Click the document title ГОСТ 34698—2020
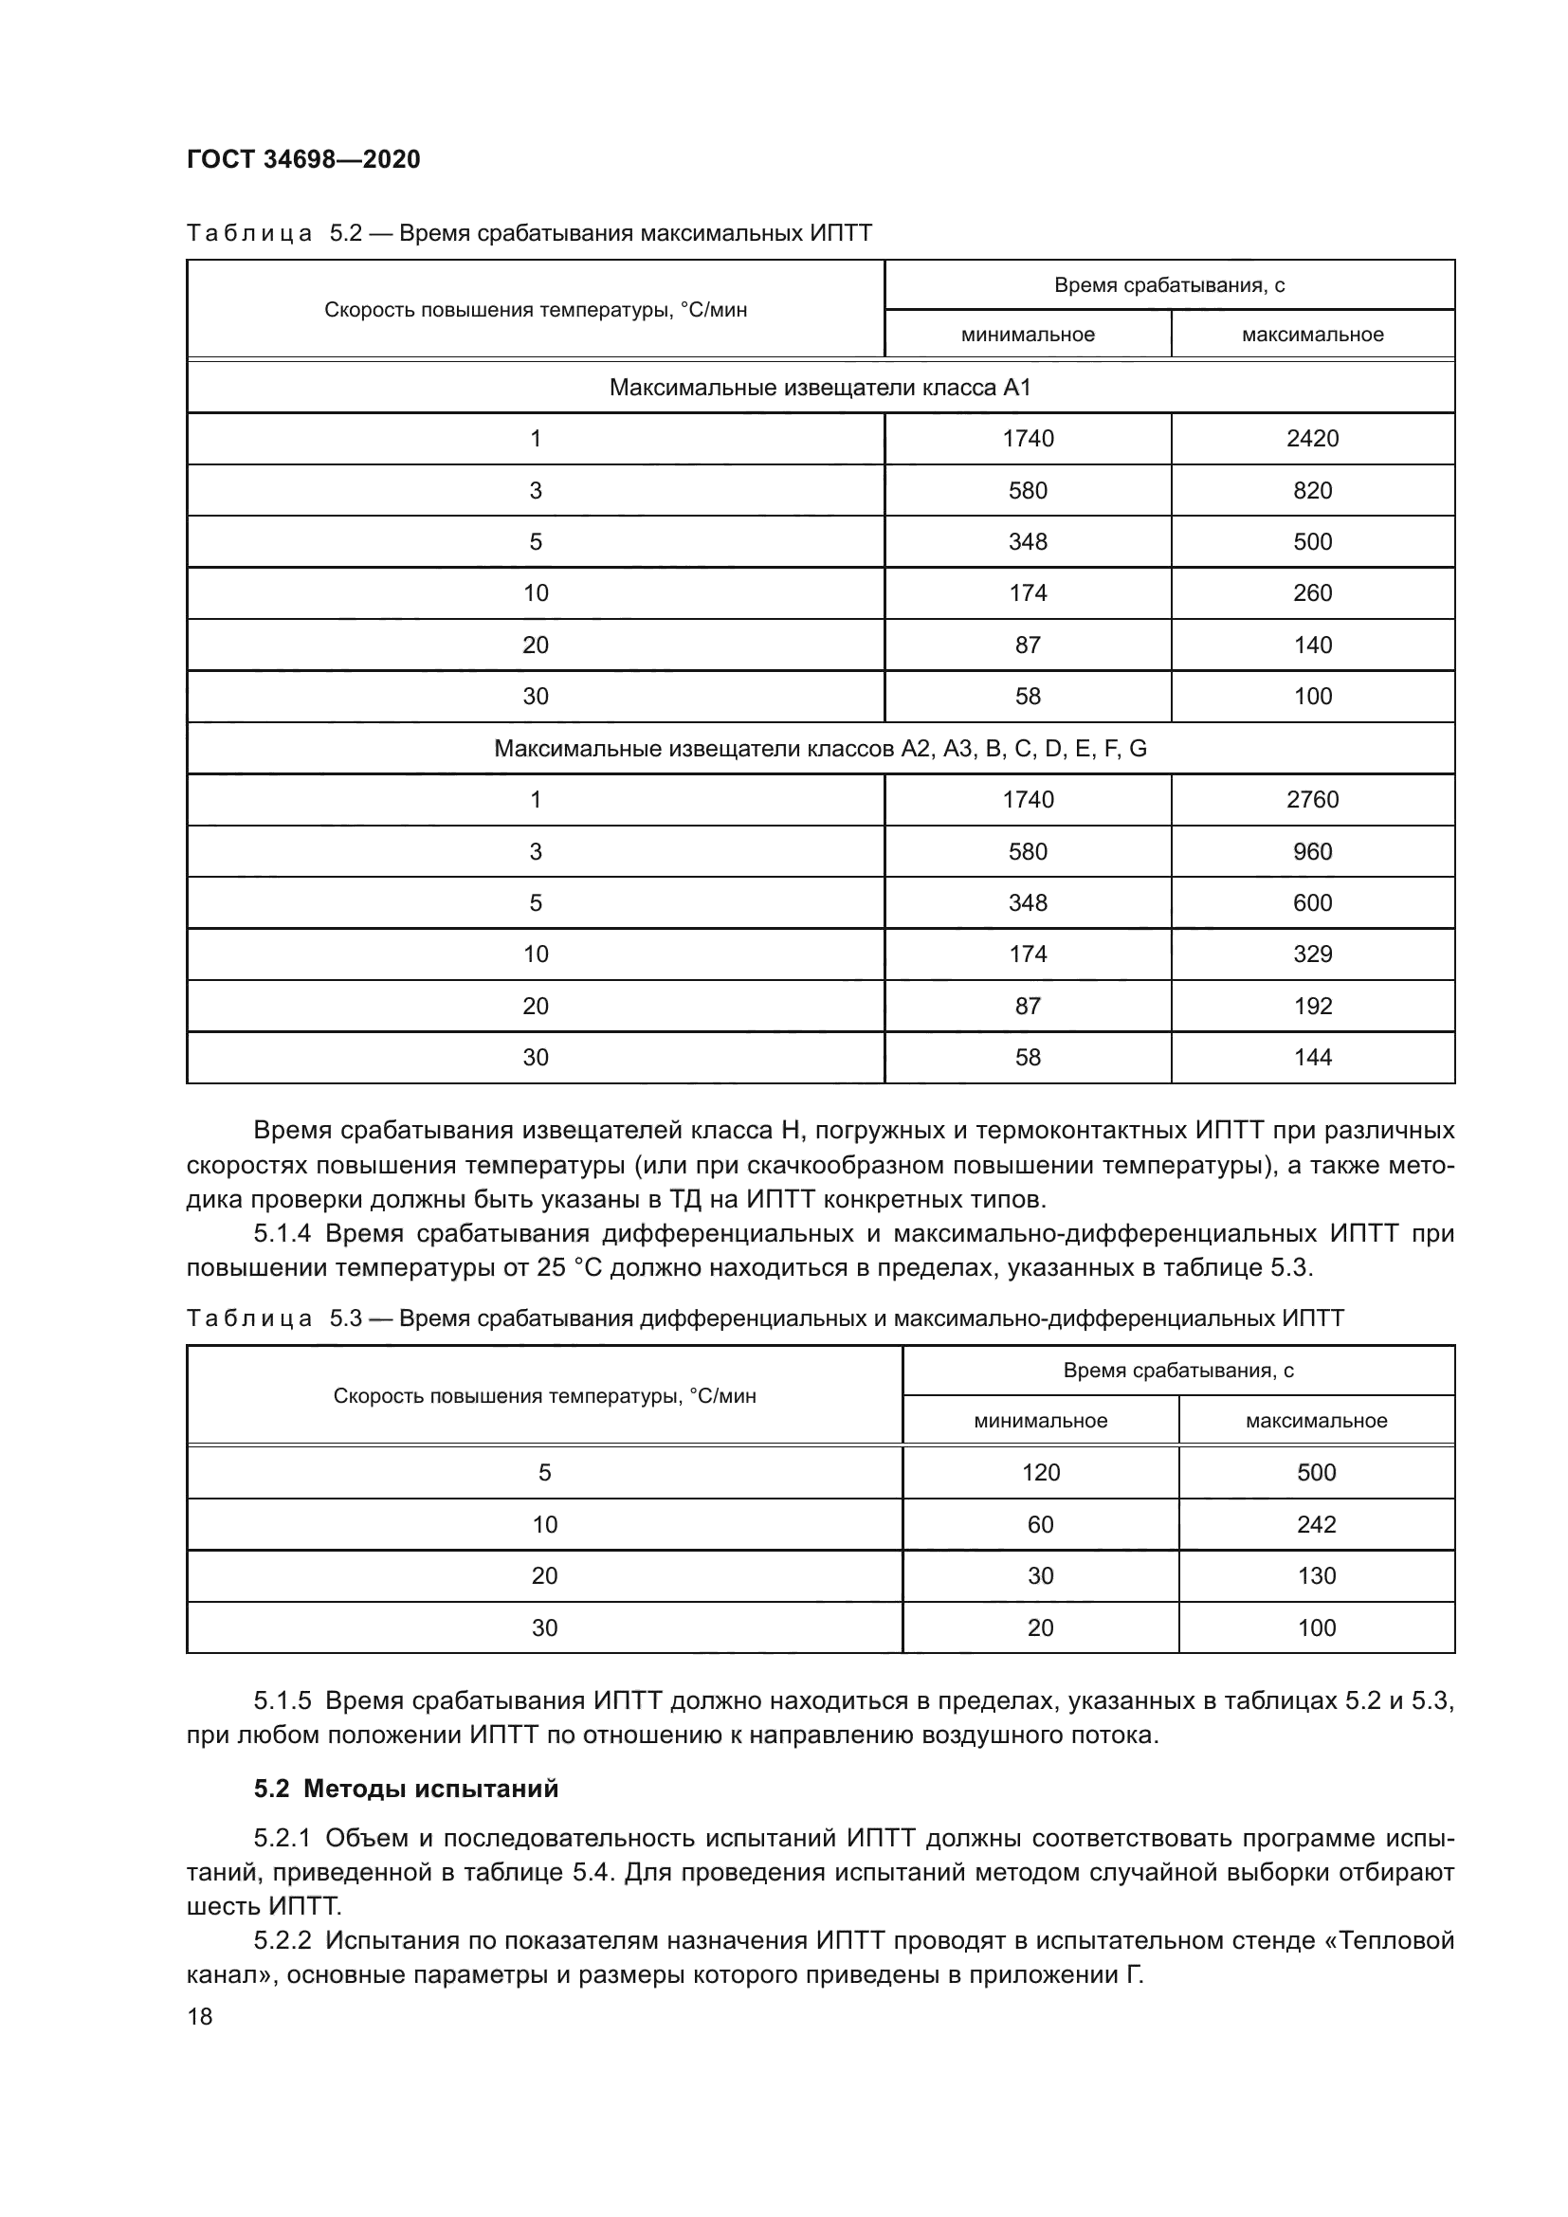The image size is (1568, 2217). tap(303, 159)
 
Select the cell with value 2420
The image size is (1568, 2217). tap(1312, 439)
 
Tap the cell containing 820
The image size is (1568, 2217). tap(1312, 491)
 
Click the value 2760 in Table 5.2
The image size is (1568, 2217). tap(1312, 800)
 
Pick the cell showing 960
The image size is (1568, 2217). tap(1312, 852)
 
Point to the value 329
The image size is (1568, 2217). tap(1312, 954)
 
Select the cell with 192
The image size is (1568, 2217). tap(1312, 1007)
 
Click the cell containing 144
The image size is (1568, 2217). tap(1312, 1058)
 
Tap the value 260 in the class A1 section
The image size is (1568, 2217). tap(1312, 592)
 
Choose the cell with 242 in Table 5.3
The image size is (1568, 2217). tap(1316, 1525)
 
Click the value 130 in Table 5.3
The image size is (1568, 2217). tap(1316, 1576)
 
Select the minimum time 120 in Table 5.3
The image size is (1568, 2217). tap(1040, 1473)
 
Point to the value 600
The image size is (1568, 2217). tap(1312, 903)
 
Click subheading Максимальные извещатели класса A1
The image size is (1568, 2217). tap(820, 388)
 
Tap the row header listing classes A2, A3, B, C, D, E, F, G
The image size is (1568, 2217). tap(820, 749)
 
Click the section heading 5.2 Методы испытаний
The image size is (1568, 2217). tap(406, 1789)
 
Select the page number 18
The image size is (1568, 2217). tap(200, 2016)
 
